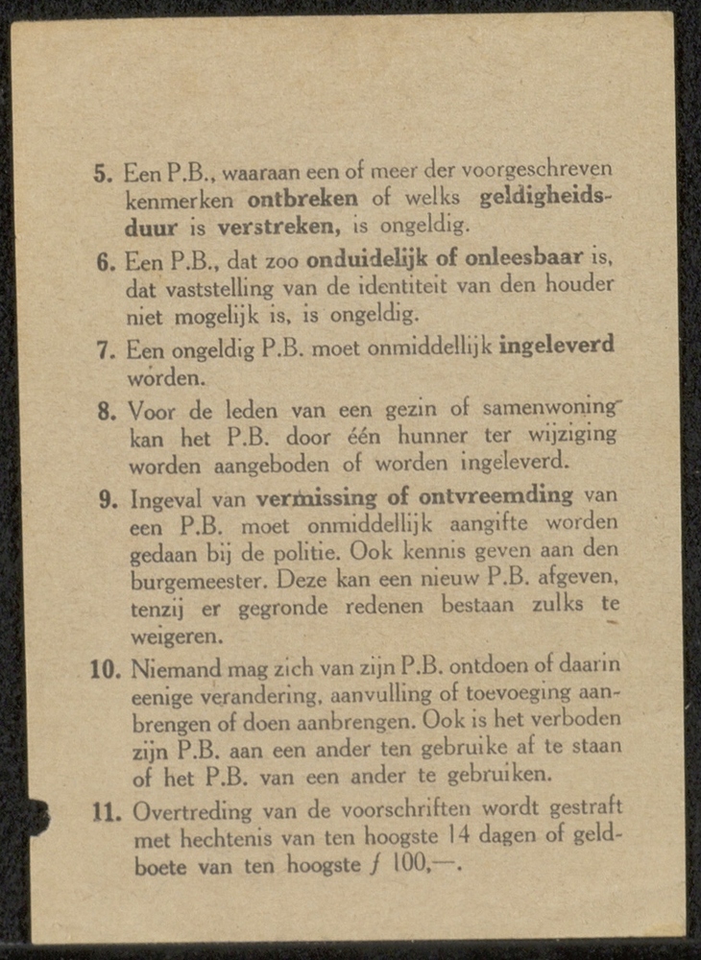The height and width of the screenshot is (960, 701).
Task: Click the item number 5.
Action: [102, 175]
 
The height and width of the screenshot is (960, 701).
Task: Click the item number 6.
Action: [106, 262]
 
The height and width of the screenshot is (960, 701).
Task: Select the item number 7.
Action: [106, 349]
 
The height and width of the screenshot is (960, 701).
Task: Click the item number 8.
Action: [107, 414]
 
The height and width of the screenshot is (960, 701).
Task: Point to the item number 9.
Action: [108, 501]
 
